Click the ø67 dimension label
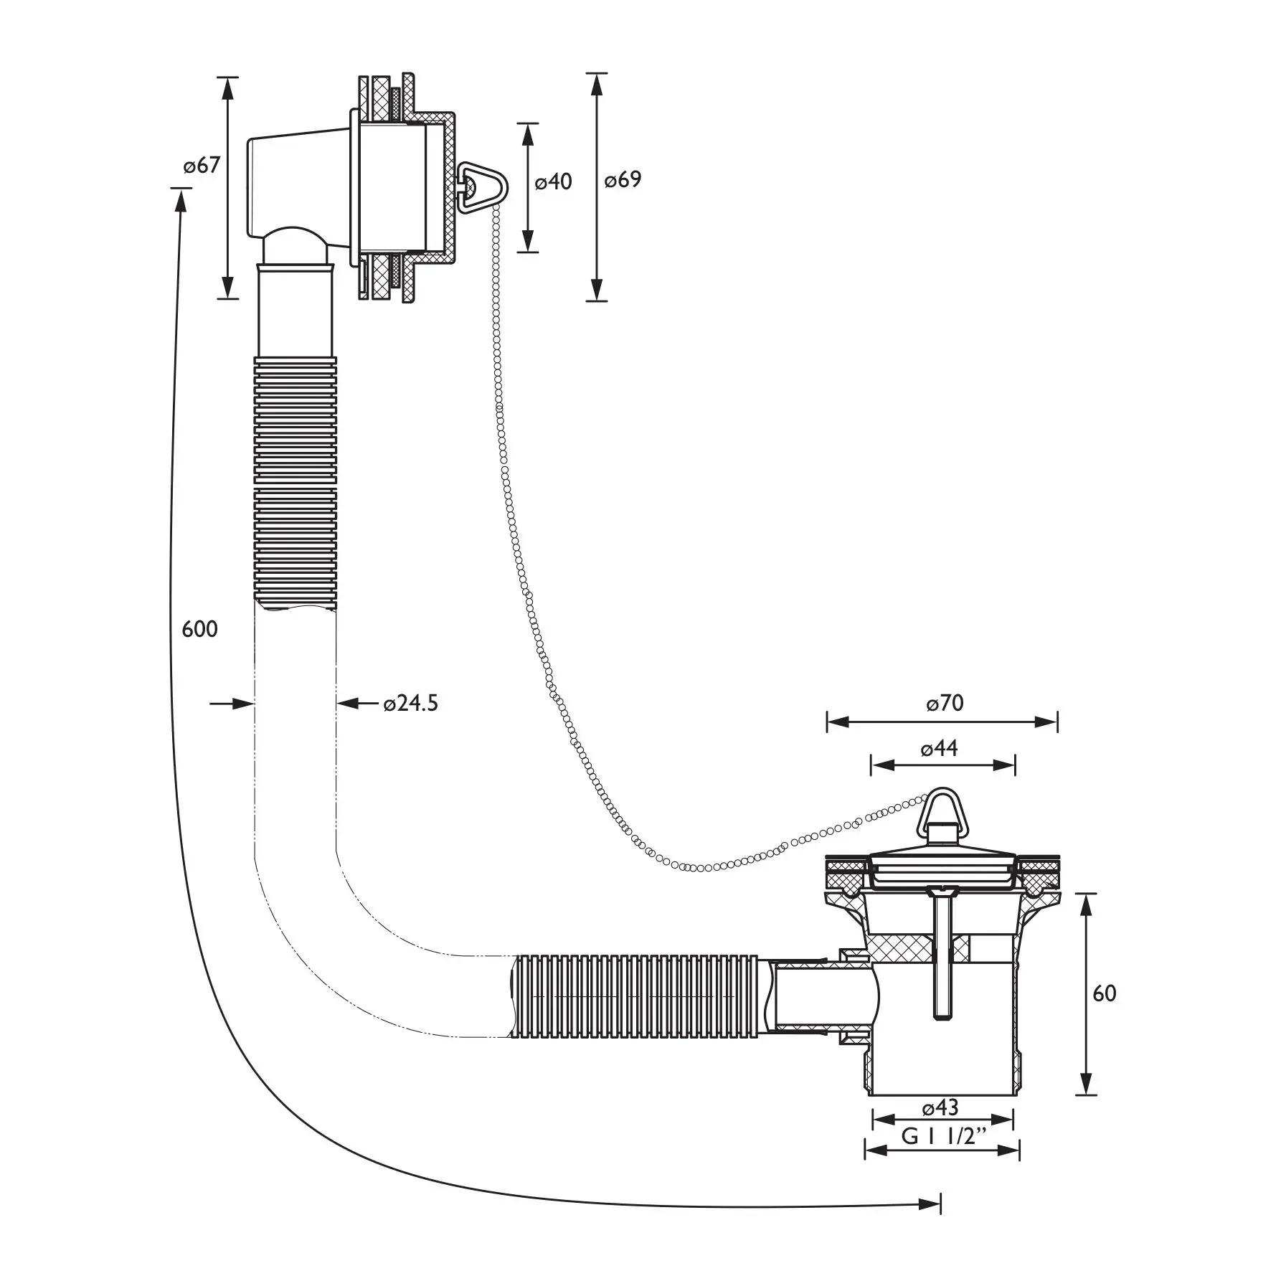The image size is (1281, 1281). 201,166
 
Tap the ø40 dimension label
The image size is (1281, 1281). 553,182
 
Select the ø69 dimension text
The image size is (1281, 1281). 622,179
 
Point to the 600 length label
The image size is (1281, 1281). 199,629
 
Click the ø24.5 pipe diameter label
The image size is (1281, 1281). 410,704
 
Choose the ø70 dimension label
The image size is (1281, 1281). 944,703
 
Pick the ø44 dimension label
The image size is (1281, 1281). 939,749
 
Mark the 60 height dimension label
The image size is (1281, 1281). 1104,993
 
